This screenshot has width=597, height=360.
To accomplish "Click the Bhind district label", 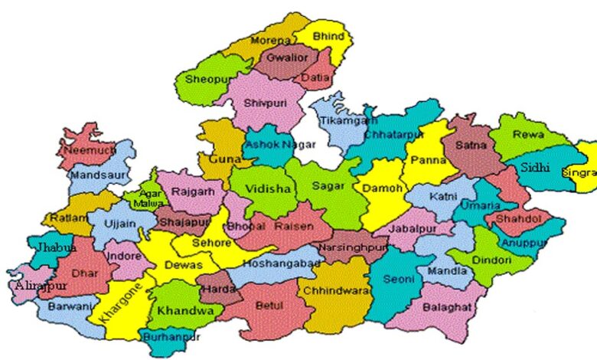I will coord(328,37).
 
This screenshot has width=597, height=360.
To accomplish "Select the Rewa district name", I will coord(529,135).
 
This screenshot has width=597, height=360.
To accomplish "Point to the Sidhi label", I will coord(534,167).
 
